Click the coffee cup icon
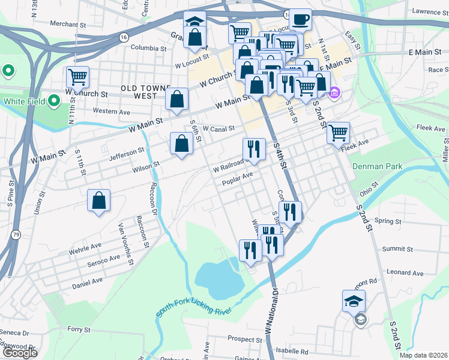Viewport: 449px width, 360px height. point(300,20)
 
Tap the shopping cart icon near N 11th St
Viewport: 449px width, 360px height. point(78,77)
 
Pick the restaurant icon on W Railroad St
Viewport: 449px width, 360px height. point(254,149)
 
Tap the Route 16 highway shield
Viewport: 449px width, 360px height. point(123,37)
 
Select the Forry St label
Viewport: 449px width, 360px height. point(79,329)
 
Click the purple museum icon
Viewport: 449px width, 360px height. point(335,94)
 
